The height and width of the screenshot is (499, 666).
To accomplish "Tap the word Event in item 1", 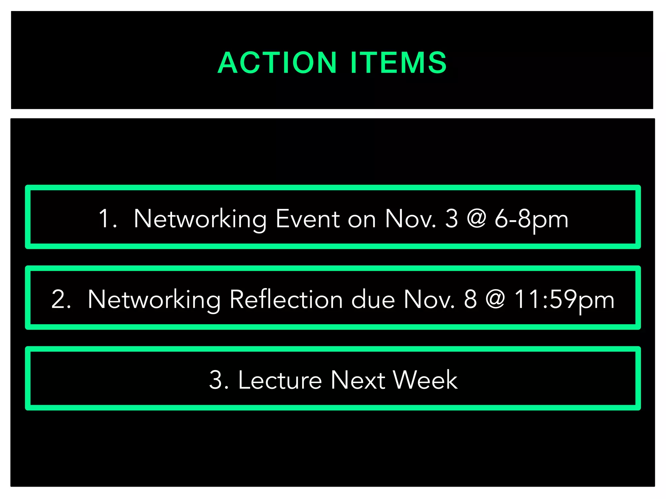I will pyautogui.click(x=308, y=219).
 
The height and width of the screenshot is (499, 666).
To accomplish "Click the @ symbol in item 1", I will pyautogui.click(x=476, y=219).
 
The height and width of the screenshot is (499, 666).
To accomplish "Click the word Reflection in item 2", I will pyautogui.click(x=286, y=299).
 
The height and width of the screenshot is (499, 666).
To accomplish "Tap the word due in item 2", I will pyautogui.click(x=373, y=299).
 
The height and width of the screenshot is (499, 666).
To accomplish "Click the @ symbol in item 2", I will pyautogui.click(x=495, y=299).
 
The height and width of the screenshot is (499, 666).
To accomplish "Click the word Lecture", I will pyautogui.click(x=280, y=380).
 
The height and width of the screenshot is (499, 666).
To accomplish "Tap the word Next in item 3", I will pyautogui.click(x=358, y=380).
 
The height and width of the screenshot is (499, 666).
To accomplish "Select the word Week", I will pyautogui.click(x=425, y=380).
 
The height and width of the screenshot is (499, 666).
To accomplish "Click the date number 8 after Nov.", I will pyautogui.click(x=470, y=299).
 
